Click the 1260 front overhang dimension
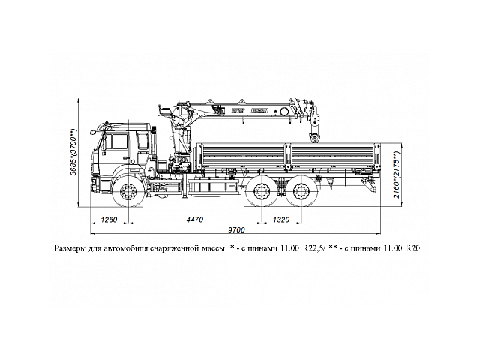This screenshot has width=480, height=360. point(109,220)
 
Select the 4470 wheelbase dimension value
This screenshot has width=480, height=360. point(194,220)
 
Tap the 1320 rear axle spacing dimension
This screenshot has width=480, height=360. point(281,220)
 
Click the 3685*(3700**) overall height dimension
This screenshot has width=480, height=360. point(73,154)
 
